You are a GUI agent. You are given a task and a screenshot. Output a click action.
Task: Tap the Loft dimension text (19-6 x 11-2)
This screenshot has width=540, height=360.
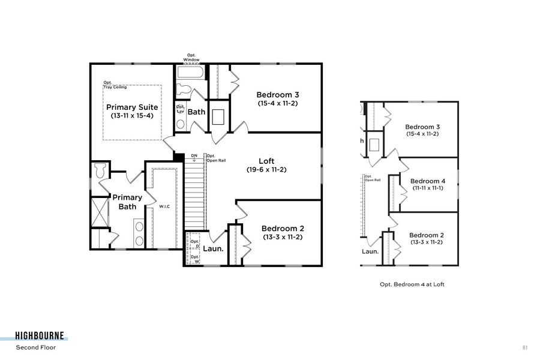266,170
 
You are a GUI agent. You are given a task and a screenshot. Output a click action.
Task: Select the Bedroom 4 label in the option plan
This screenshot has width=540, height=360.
427,181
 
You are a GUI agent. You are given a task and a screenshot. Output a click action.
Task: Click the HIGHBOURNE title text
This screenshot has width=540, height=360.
40,336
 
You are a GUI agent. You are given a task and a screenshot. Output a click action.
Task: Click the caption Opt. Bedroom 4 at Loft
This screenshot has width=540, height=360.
412,284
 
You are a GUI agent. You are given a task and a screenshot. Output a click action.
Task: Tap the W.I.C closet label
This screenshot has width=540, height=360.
164,206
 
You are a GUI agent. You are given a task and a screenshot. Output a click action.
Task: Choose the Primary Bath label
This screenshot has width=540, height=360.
127,202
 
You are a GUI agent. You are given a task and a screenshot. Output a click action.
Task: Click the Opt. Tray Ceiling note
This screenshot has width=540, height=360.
115,85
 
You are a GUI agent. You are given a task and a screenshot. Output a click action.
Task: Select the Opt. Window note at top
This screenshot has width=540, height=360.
191,58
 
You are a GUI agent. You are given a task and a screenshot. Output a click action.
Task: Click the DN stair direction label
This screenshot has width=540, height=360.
194,156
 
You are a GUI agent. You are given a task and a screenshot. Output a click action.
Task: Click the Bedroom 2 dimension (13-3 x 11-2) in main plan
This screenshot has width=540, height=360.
283,237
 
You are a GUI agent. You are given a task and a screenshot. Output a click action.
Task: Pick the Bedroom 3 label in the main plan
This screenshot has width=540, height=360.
278,95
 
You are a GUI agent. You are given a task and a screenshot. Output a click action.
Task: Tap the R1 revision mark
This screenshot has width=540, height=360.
525,347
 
